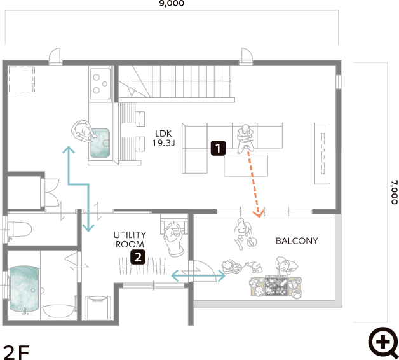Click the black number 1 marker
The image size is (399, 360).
[x=218, y=148]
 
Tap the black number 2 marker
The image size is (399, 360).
[x=138, y=257]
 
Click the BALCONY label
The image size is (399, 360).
[x=297, y=241]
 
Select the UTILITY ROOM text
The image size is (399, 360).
[x=130, y=239]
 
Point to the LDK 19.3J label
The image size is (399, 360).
[x=164, y=139]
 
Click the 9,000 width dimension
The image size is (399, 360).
[x=172, y=3]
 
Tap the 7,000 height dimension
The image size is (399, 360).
[x=394, y=192]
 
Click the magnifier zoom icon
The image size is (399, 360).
[x=384, y=343]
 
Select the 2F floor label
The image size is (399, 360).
[x=17, y=352]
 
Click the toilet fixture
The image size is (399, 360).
[x=19, y=229]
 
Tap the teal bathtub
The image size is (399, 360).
[x=24, y=289]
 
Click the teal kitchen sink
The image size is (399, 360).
[x=100, y=143]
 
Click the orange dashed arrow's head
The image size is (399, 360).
[x=259, y=214]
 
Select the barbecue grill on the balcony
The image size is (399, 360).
[x=276, y=286]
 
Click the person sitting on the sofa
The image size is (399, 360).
[x=245, y=139]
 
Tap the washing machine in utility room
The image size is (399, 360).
[x=98, y=307]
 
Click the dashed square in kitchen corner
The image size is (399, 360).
[x=22, y=80]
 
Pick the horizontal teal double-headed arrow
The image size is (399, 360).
[x=198, y=275]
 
